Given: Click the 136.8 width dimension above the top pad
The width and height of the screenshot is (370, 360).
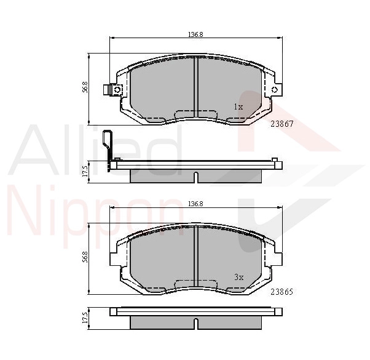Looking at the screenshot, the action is click(195, 34).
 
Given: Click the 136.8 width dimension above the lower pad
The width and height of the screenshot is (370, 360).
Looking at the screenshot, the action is click(195, 204).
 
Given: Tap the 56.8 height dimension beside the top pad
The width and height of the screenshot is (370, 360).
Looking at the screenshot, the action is click(85, 87).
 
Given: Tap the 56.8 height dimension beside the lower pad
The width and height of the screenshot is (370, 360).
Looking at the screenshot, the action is click(85, 257).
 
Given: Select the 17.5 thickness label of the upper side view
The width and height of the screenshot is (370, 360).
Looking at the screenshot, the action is click(85, 171).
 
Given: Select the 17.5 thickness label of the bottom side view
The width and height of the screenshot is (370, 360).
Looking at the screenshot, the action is click(85, 318).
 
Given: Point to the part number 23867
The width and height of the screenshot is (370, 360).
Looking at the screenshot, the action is click(281, 124).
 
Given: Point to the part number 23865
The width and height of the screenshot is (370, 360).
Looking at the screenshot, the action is click(281, 292).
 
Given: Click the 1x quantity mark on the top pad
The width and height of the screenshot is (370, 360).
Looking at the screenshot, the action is click(238, 107).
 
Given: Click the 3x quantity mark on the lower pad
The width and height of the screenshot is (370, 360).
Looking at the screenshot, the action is click(239, 277).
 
